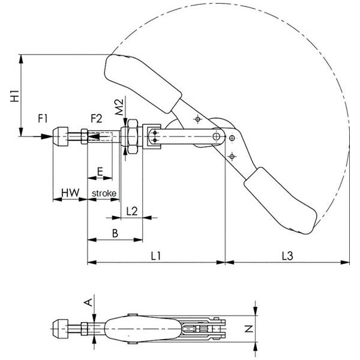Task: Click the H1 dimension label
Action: click(15, 96)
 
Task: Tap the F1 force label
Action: click(43, 119)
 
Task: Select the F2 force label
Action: click(97, 119)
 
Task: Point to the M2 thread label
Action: click(119, 107)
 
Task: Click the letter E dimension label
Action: click(100, 172)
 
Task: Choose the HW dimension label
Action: click(70, 193)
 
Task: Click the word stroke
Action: click(104, 193)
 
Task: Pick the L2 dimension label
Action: click(132, 211)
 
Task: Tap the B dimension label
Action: click(115, 233)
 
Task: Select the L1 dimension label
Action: click(155, 256)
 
